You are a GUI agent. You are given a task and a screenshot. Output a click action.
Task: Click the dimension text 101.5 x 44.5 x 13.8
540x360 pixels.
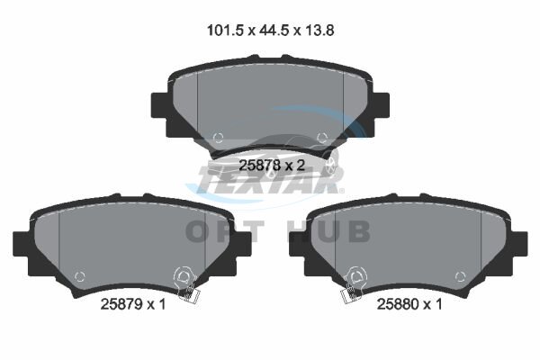[270, 31]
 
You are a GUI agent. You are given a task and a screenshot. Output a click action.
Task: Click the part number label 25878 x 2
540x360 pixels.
[272, 166]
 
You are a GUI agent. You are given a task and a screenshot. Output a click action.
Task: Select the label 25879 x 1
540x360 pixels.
[133, 304]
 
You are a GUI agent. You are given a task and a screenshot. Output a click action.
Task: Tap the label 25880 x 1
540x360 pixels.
[409, 304]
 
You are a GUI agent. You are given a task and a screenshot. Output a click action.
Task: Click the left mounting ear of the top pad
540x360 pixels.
[159, 104]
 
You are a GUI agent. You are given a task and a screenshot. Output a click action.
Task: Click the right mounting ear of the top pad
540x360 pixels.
[382, 104]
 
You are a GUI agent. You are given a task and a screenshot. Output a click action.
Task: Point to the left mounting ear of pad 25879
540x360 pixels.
[21, 244]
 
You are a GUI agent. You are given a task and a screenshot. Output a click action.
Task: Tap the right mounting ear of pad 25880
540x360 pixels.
[519, 244]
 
